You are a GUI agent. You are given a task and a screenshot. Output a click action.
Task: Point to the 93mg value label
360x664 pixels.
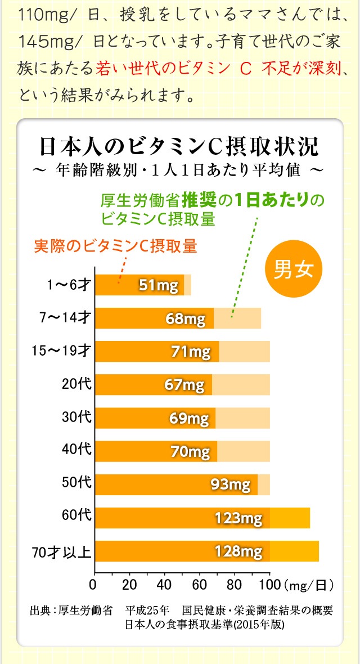tap(230, 484)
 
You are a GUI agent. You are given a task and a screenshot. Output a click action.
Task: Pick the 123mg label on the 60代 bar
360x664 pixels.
tap(238, 517)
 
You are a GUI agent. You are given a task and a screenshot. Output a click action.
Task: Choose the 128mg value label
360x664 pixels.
tap(238, 551)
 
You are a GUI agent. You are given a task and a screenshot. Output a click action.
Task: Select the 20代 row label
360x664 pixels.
tap(76, 385)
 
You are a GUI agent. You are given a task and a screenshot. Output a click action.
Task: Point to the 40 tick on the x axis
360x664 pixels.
tap(164, 583)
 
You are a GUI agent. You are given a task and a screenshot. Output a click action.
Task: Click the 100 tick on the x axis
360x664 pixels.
tap(269, 583)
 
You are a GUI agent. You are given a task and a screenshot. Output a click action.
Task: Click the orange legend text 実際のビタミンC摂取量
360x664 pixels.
tap(115, 246)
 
